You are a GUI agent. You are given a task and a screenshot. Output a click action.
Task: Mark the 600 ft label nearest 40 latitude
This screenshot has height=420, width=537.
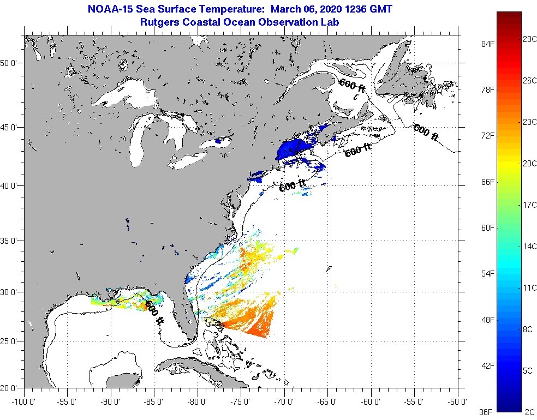(x=292, y=186)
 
